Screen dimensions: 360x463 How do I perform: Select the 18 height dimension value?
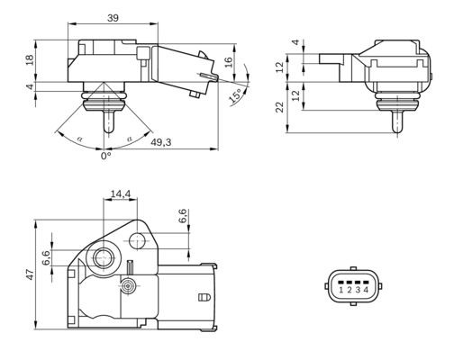(31, 58)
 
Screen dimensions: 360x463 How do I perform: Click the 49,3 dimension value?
(163, 141)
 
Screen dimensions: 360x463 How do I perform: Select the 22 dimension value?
(280, 106)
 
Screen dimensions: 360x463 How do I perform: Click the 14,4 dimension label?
(120, 193)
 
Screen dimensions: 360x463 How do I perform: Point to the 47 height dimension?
(29, 274)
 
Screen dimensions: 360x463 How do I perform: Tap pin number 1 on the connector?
(341, 290)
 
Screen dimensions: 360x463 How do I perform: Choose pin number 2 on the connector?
(350, 290)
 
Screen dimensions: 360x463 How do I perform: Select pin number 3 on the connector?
(358, 290)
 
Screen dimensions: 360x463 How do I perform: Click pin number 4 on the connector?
(366, 290)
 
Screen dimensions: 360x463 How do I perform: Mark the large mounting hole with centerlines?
(102, 257)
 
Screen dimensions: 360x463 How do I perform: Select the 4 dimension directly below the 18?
(31, 87)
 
